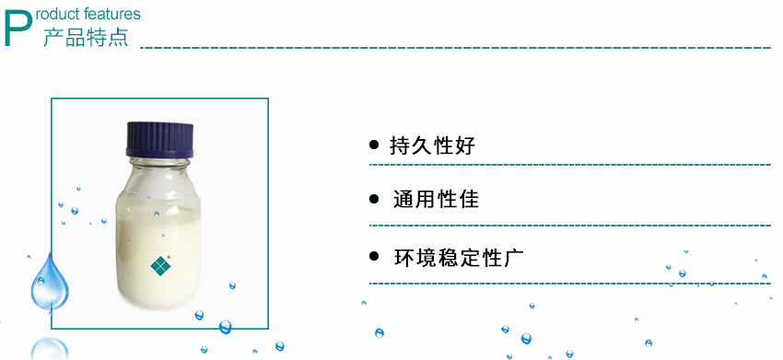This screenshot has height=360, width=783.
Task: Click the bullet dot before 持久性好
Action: pyautogui.click(x=374, y=145)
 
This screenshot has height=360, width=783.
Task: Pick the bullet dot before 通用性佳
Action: pyautogui.click(x=374, y=199)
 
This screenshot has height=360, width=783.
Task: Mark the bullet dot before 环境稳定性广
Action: pyautogui.click(x=374, y=257)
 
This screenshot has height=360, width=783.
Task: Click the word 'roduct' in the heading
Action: pyautogui.click(x=63, y=15)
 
